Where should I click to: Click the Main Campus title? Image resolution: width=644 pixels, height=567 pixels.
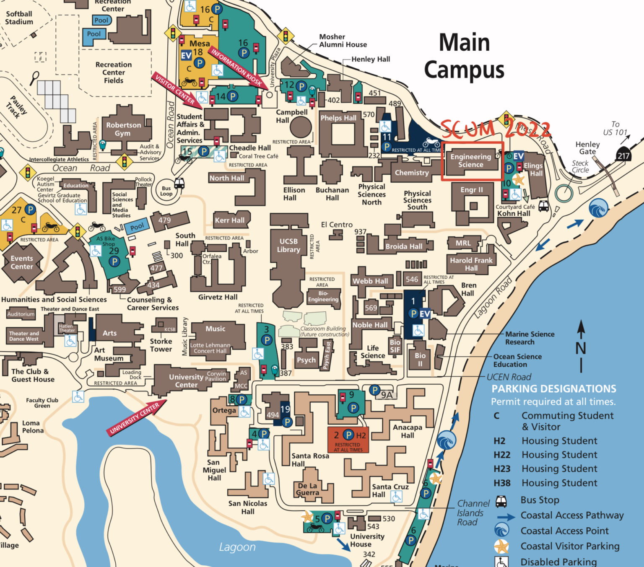[464, 56]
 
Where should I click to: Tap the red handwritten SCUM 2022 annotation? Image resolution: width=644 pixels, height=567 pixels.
[495, 129]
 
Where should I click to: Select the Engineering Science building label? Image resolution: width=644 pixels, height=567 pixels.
[471, 161]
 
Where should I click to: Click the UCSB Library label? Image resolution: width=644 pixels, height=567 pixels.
[288, 246]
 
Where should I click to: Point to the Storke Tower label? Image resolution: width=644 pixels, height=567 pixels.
[161, 345]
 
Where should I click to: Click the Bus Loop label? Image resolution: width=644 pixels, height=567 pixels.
[166, 191]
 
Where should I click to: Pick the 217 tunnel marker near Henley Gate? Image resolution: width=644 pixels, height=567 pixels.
[623, 155]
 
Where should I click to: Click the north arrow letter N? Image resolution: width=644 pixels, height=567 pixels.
[581, 348]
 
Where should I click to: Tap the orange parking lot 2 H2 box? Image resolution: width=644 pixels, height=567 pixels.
[348, 440]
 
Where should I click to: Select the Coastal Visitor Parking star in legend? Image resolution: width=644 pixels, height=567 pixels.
[501, 546]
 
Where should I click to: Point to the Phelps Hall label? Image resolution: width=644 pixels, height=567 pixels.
[338, 118]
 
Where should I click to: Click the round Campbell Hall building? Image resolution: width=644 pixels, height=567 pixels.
[301, 127]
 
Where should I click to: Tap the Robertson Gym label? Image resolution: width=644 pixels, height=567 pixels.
[123, 129]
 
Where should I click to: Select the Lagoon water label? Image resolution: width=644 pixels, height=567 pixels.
[237, 547]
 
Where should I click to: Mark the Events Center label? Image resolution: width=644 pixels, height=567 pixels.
[22, 262]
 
